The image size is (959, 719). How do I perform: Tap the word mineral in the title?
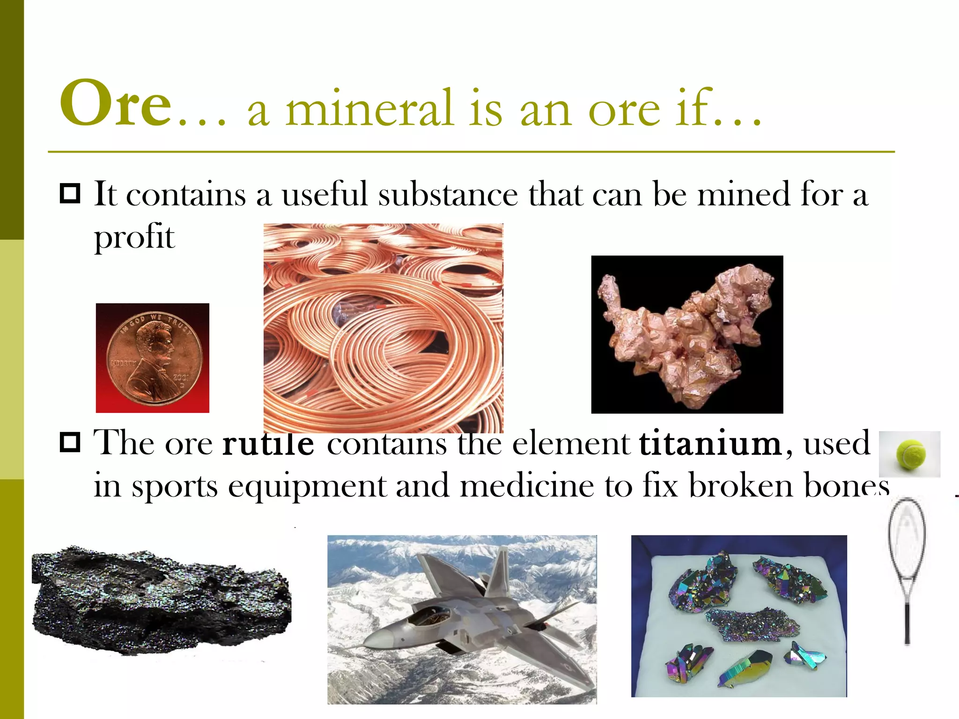(x=370, y=109)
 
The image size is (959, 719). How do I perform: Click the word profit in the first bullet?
(x=134, y=237)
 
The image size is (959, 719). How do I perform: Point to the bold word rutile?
(x=268, y=443)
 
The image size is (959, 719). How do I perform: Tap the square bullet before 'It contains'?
(x=70, y=194)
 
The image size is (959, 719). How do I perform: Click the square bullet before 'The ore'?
(x=70, y=443)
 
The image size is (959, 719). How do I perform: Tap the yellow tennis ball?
(x=911, y=454)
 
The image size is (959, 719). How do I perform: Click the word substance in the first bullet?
(x=448, y=194)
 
